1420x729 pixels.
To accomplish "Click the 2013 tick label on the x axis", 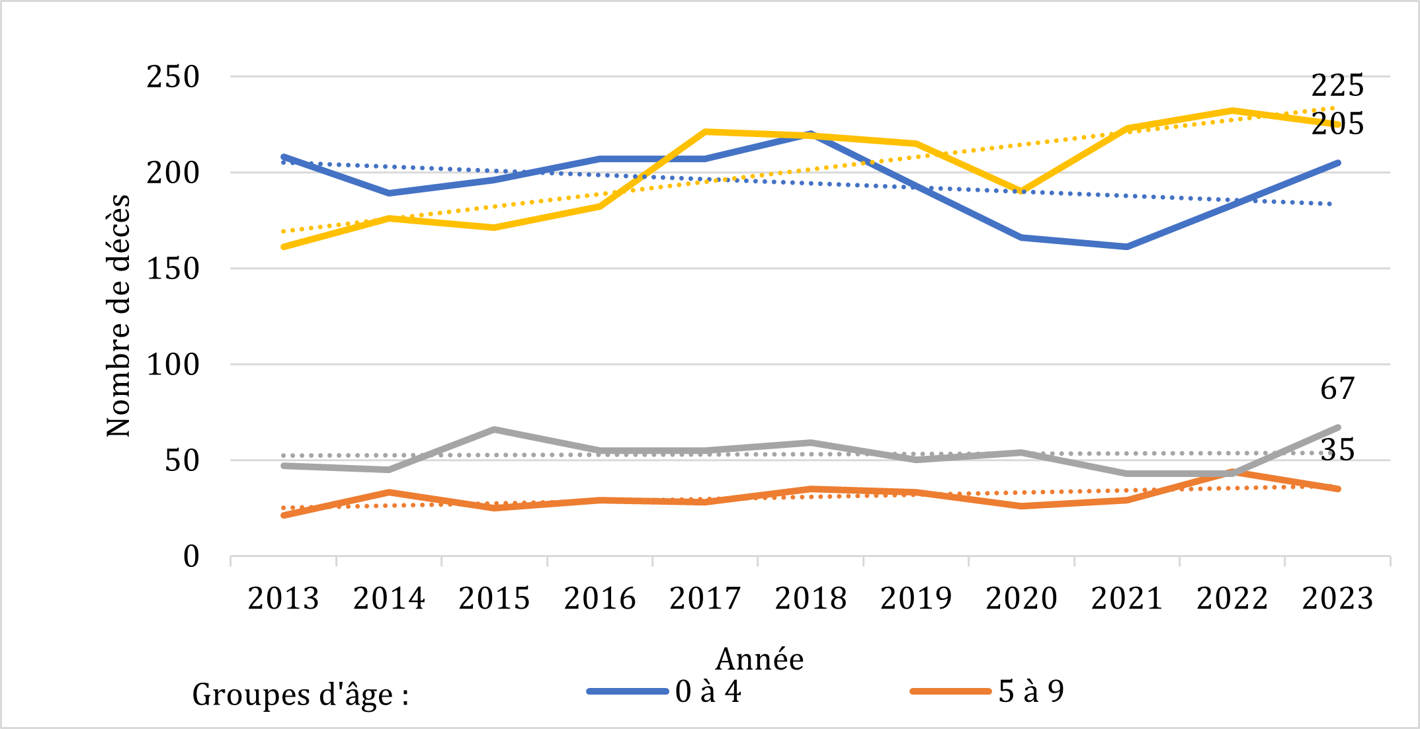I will tap(283, 599).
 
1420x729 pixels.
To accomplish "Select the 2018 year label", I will tap(810, 599).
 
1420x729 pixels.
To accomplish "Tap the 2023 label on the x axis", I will tap(1337, 599).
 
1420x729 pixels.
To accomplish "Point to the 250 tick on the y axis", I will tap(173, 77).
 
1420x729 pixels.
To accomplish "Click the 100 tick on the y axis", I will tap(173, 364).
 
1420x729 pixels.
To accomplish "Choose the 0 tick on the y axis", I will tap(191, 557).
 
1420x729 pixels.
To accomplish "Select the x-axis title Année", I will tap(759, 659).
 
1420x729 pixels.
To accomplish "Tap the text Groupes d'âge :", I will tap(300, 695).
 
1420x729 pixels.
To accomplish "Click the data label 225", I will tap(1337, 85).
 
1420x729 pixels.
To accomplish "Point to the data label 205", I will tap(1337, 124).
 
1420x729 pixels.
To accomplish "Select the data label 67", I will tap(1337, 388).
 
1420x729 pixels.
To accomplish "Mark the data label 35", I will tap(1337, 450).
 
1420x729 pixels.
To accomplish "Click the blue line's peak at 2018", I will tap(810, 134).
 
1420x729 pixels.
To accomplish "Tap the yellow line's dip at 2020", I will tap(1021, 191).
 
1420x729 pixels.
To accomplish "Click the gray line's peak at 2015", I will tap(494, 429).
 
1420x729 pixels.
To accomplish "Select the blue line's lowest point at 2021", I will tap(1126, 247).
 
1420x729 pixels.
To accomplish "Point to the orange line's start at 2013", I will tap(283, 515).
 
